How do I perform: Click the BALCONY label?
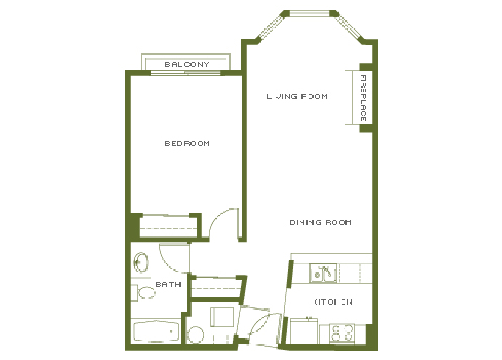pyautogui.click(x=187, y=64)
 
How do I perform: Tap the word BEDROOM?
pyautogui.click(x=187, y=143)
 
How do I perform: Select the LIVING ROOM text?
pyautogui.click(x=297, y=96)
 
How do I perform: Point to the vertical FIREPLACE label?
pyautogui.click(x=363, y=98)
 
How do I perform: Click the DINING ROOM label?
pyautogui.click(x=321, y=223)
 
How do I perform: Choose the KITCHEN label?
pyautogui.click(x=332, y=301)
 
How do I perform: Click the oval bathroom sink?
pyautogui.click(x=140, y=262)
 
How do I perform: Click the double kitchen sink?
pyautogui.click(x=323, y=274)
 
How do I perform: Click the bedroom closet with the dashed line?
pyautogui.click(x=169, y=225)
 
